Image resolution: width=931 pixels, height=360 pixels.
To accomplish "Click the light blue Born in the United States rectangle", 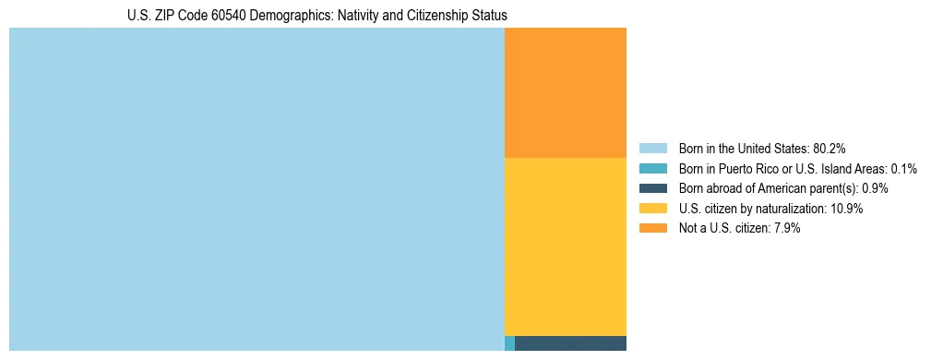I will coord(257,189).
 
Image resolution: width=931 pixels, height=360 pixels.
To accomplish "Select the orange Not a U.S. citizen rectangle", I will coord(566,92).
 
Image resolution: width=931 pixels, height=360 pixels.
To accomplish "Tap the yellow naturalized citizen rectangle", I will coord(566,246).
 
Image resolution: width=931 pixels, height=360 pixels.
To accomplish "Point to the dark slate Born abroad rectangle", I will coord(570,343).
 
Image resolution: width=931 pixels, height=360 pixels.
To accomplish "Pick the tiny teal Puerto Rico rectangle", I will coord(509,343).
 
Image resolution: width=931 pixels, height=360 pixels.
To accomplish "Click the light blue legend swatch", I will coord(652,149).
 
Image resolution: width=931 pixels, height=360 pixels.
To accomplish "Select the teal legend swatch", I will coord(652,169).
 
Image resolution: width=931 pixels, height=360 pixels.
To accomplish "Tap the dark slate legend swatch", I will coord(652,188).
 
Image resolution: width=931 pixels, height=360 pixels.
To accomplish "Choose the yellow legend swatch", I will coord(652,209).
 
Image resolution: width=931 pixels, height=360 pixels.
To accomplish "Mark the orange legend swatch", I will coord(652,228).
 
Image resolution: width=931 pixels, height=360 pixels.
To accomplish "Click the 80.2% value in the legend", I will coord(830,149).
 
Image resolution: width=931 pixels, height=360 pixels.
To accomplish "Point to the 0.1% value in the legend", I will coord(904,169).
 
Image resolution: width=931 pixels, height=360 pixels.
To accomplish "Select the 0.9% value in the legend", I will coord(875,188).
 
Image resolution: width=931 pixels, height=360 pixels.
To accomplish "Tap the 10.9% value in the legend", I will coord(847,209).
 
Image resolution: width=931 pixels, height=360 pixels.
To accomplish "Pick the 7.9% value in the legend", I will coord(785,228).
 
